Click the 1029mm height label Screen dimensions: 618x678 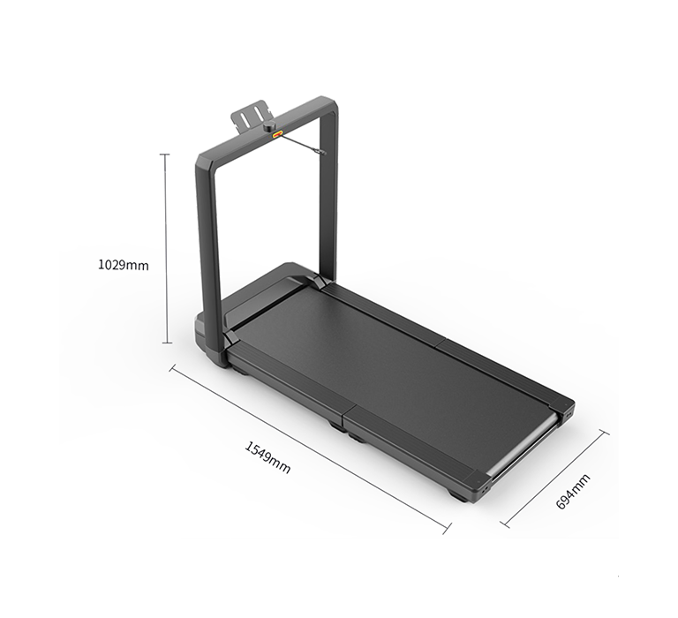[123, 264]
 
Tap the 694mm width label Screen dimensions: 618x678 [573, 491]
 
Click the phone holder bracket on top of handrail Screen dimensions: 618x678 [251, 117]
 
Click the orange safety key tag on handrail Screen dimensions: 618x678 [277, 135]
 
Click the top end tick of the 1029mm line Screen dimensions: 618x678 [164, 154]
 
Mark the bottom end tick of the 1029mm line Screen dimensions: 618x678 [165, 343]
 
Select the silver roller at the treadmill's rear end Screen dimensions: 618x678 [526, 449]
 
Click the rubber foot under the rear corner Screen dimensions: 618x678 [458, 497]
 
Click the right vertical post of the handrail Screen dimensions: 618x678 [328, 194]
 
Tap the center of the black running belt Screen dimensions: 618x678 [388, 371]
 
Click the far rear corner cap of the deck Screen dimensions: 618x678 [565, 409]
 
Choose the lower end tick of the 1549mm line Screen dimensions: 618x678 [447, 528]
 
